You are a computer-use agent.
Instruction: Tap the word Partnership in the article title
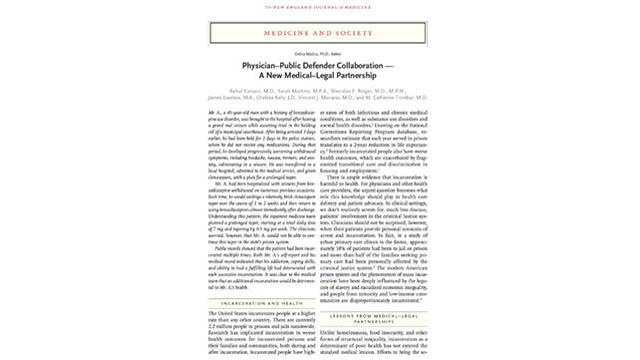pyautogui.click(x=371, y=81)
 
